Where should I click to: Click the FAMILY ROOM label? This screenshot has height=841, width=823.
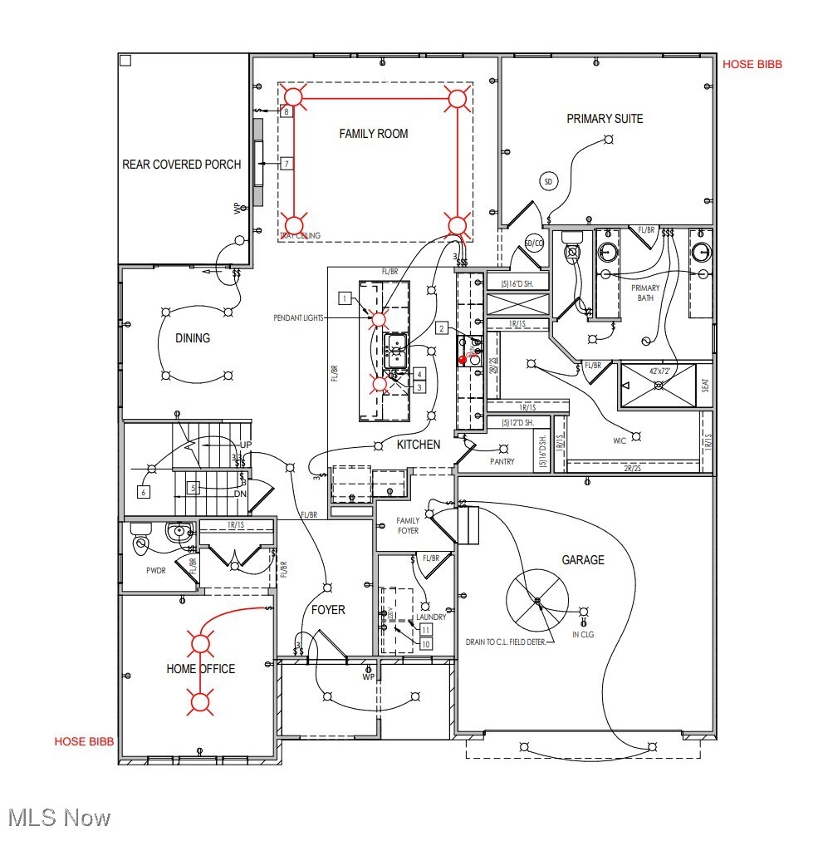374,134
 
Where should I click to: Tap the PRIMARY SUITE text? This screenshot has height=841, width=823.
605,119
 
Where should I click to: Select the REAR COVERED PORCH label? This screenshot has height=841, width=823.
182,165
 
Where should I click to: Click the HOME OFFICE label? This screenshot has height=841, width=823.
201,669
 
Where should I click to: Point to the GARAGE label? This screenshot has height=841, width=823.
583,560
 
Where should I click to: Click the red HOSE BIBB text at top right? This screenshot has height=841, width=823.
752,64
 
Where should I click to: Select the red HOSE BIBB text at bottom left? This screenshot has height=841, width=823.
84,741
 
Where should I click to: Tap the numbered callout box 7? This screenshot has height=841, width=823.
287,164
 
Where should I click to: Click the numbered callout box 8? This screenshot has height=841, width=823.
287,111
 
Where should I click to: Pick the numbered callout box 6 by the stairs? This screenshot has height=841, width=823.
144,492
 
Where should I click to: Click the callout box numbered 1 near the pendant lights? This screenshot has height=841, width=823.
344,298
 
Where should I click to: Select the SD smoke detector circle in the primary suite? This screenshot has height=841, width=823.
547,181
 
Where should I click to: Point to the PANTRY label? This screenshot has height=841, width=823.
502,461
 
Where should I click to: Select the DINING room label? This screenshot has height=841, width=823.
193,338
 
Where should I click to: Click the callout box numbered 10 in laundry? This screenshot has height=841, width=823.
426,644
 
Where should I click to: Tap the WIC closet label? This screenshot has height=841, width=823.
620,441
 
